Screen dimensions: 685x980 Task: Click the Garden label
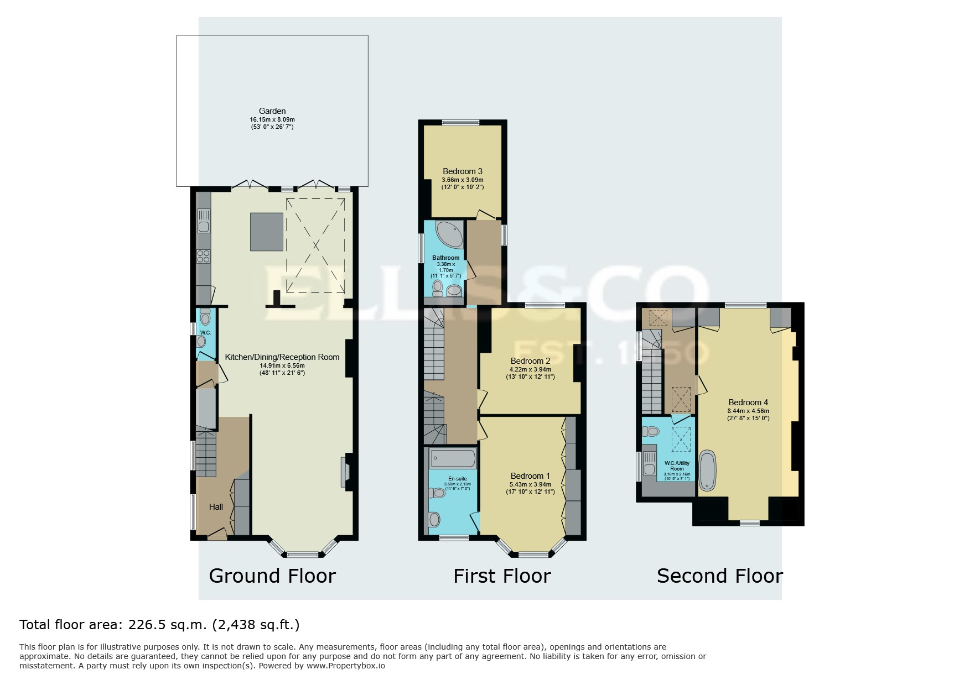(x=272, y=111)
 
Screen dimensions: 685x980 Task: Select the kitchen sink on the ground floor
(x=203, y=220)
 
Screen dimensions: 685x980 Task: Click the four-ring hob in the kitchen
(x=203, y=256)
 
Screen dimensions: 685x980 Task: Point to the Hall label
(x=216, y=506)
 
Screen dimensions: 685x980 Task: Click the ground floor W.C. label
(x=205, y=332)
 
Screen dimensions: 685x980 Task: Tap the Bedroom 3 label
(x=463, y=171)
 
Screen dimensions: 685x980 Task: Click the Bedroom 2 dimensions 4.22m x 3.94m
(x=530, y=369)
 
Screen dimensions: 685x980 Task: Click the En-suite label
(x=457, y=478)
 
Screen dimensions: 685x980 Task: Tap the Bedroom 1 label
(x=530, y=475)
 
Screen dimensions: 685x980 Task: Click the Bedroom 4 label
(x=748, y=402)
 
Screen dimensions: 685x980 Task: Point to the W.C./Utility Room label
(x=677, y=465)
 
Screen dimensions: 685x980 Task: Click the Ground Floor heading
(x=272, y=576)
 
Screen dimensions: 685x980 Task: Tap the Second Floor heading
(x=719, y=576)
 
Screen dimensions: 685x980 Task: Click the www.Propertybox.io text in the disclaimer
(x=346, y=666)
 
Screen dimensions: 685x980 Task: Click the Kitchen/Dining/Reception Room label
(x=282, y=357)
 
